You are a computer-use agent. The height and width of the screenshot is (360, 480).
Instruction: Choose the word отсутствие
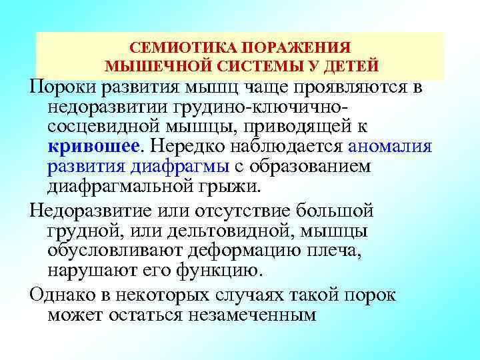(249, 211)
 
